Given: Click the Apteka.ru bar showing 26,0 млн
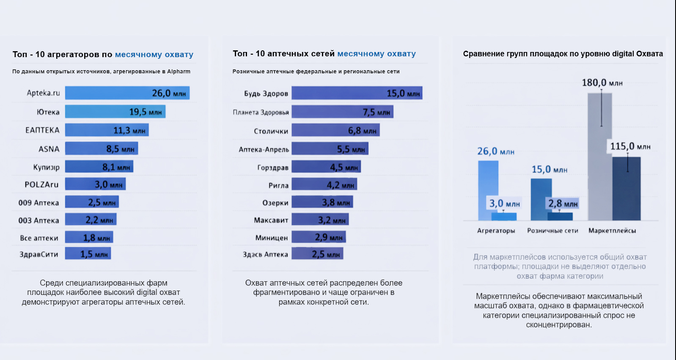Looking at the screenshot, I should point(127,93).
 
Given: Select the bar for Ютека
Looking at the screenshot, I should point(115,112).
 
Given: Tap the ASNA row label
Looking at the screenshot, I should point(49,149).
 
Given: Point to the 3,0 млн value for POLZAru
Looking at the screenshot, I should point(108,184).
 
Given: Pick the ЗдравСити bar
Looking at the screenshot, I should point(88,254).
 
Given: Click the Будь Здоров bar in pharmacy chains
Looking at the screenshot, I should point(357,93).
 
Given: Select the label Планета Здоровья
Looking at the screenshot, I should point(261,112).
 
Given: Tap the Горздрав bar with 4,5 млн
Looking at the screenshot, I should point(326,167).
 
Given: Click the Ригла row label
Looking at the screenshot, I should point(278,185).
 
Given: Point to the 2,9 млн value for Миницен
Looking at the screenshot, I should point(329,237).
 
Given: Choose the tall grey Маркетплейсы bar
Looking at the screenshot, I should point(599,157).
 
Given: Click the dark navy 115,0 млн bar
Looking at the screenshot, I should point(627,189).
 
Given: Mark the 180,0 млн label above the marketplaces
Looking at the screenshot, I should point(602,83).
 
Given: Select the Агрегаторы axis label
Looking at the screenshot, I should point(496,231).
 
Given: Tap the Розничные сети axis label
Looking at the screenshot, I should point(552,231).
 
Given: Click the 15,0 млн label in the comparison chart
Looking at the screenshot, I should point(549,170).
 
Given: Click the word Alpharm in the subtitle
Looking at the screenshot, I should point(179,71).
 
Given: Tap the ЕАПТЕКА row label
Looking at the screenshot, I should point(42,130).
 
